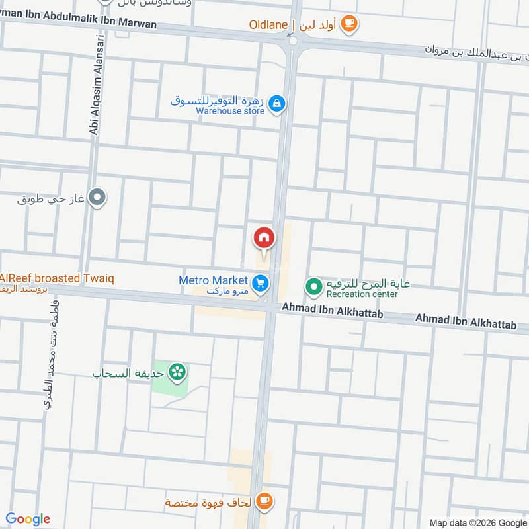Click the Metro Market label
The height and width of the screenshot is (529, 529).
[x=213, y=280]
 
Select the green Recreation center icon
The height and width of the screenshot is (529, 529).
[x=313, y=286]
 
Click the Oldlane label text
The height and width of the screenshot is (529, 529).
[x=268, y=25]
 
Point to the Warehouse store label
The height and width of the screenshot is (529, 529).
[x=230, y=111]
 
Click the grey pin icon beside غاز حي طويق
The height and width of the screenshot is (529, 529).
[x=98, y=197]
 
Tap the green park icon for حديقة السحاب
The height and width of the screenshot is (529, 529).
[x=177, y=372]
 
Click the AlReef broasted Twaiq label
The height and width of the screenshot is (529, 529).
[x=57, y=278]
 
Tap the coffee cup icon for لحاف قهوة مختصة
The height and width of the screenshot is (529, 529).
[x=264, y=500]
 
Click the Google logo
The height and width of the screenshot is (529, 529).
[x=28, y=519]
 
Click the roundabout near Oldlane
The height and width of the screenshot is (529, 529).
[x=293, y=41]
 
